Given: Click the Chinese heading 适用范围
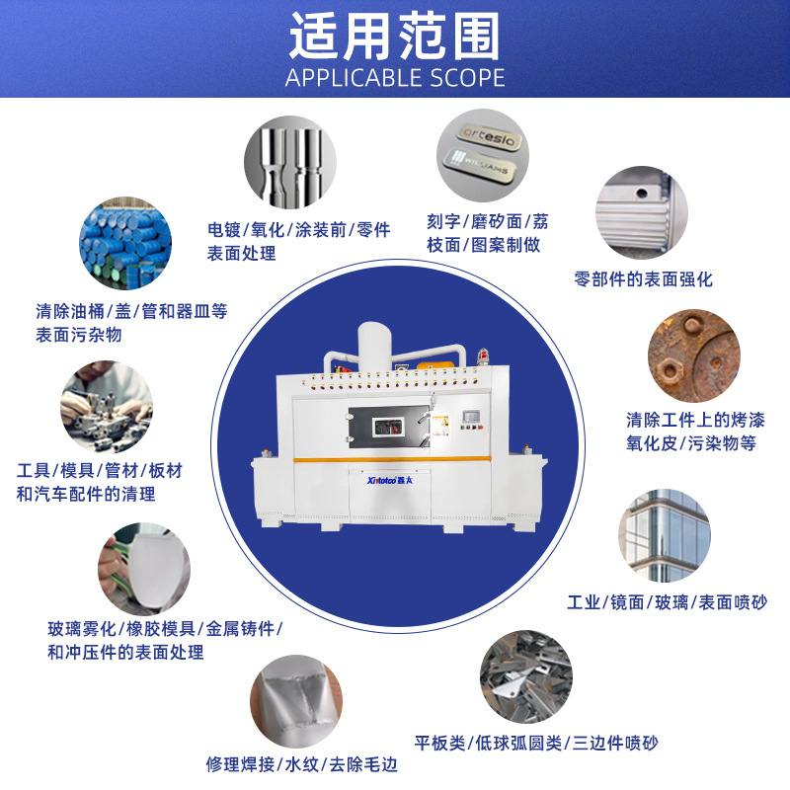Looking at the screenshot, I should click(394, 37).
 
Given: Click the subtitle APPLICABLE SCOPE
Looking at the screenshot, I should click(394, 78).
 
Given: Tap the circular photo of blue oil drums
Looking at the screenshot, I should click(126, 247).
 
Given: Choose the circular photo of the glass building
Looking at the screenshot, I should click(664, 535).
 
